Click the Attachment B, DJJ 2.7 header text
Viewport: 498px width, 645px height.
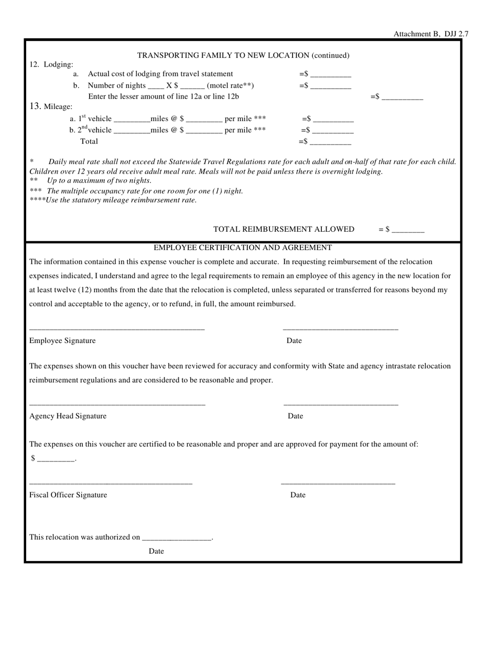point(431,34)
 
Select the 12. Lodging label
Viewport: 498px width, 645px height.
point(51,64)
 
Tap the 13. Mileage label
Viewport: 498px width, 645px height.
point(51,106)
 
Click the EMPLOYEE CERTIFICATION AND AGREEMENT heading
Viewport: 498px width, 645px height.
point(243,248)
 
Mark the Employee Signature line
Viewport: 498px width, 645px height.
point(117,329)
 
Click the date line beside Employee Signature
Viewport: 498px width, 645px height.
point(340,329)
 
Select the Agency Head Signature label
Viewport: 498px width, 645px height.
point(68,416)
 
